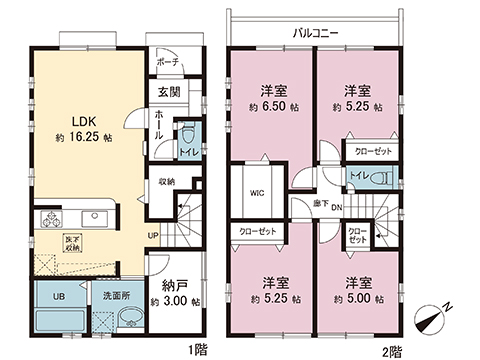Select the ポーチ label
(x=167, y=60)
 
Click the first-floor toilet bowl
(x=186, y=135)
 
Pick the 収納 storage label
(x=166, y=181)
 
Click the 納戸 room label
(x=173, y=283)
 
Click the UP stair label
(x=152, y=237)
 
